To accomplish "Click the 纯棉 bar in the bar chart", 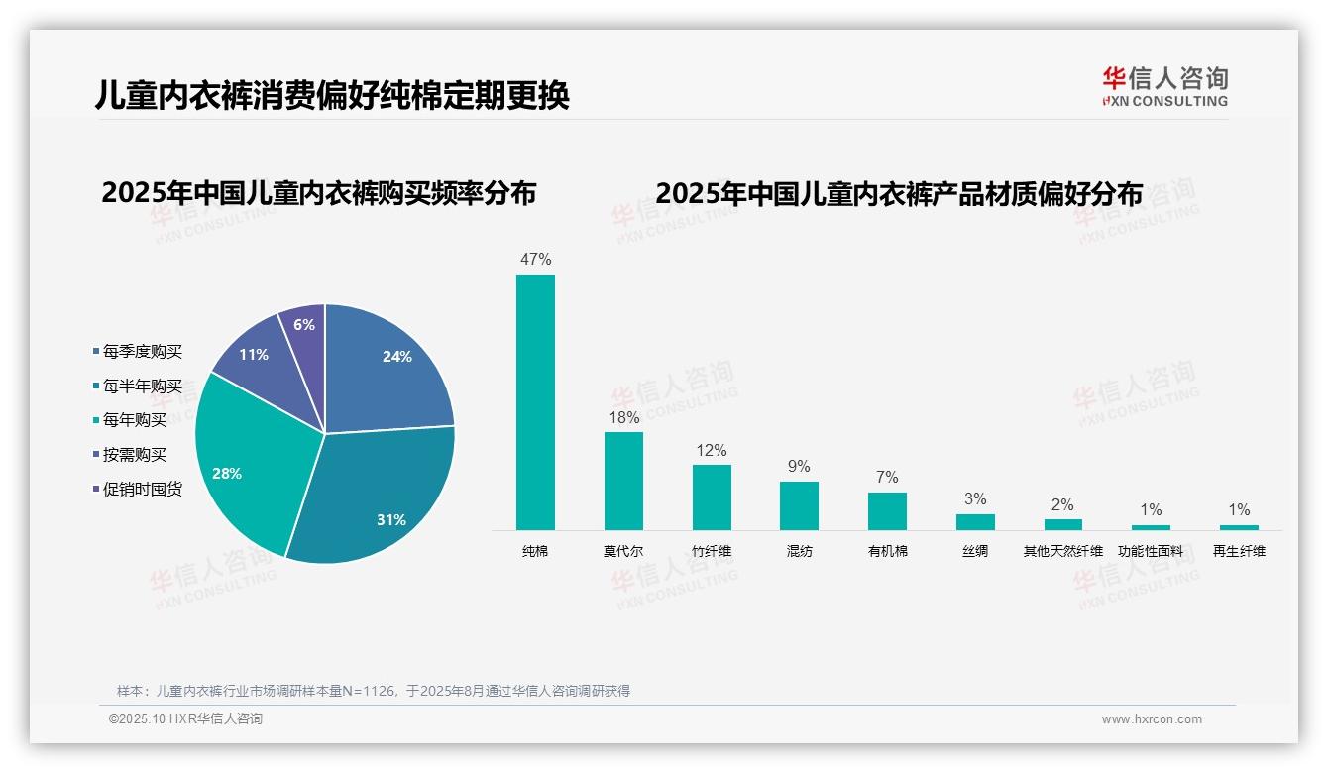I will (x=535, y=401).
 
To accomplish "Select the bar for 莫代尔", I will (x=623, y=481).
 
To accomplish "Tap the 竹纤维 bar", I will (x=712, y=497).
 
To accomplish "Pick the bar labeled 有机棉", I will (x=887, y=510).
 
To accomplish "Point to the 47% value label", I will (x=535, y=260).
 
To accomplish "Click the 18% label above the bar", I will (x=623, y=418).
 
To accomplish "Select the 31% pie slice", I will (x=377, y=496).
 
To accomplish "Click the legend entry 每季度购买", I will (x=142, y=352).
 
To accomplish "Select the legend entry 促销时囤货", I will (x=142, y=489).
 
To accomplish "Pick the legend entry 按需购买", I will (x=134, y=455).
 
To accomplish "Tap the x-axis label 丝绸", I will (x=975, y=551).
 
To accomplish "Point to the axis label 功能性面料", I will (x=1151, y=551).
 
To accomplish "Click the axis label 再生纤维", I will (x=1239, y=551).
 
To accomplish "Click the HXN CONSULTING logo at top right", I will (x=1164, y=87).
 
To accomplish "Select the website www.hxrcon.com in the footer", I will (x=1152, y=719).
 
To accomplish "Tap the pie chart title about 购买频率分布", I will (x=318, y=193).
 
